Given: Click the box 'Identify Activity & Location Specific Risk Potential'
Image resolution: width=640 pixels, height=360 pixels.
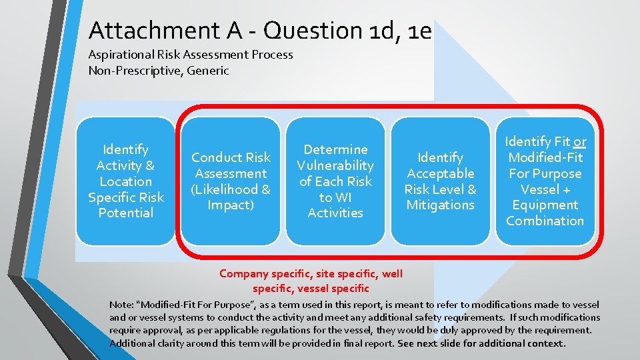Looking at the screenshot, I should pos(125,181).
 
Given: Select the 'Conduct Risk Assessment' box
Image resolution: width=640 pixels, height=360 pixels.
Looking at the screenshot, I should pos(231,181).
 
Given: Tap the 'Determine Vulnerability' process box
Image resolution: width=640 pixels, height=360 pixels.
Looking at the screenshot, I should pos(335,181).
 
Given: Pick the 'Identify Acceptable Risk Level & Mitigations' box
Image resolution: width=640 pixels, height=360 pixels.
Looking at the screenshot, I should pos(440,181).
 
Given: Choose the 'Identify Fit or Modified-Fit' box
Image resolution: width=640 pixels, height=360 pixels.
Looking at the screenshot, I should pos(545,181).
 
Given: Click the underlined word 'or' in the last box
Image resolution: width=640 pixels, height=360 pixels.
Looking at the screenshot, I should pos(580,141).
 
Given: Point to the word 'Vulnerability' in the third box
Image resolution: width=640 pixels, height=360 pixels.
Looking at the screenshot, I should pos(335,165).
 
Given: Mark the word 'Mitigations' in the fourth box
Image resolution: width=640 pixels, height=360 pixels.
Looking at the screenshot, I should pos(440,205).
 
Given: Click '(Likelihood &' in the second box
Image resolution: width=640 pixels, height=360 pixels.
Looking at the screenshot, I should pos(231,189).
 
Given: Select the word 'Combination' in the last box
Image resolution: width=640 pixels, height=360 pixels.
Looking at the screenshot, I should pos(545,221).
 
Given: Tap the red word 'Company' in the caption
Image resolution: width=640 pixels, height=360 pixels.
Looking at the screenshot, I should pos(244,273).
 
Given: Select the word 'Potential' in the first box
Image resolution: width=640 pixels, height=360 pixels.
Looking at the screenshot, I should pos(125,213).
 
